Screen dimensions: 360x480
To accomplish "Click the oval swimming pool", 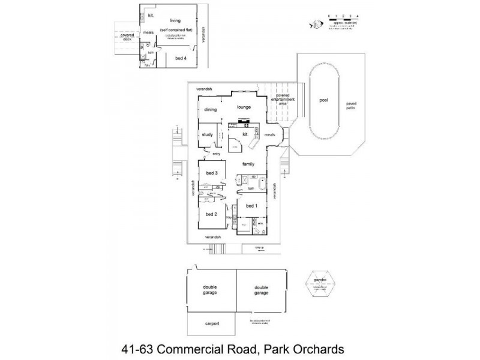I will point(324,101).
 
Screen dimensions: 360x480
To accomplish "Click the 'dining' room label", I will point(210,110).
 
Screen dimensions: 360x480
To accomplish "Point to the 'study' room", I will point(208,134).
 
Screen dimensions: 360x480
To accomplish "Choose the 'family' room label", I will point(248,164).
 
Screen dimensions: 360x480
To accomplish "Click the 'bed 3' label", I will point(211,173).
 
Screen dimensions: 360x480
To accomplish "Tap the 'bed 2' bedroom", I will point(211,214).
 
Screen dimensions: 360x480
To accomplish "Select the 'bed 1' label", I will point(252,206).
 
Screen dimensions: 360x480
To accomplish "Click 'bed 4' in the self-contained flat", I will point(181,58).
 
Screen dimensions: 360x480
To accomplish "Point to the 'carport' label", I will point(211,323).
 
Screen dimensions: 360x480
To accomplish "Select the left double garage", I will point(210,290).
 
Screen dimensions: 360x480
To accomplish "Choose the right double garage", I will point(261,290).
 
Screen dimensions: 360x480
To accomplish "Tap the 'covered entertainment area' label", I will point(283,100).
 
